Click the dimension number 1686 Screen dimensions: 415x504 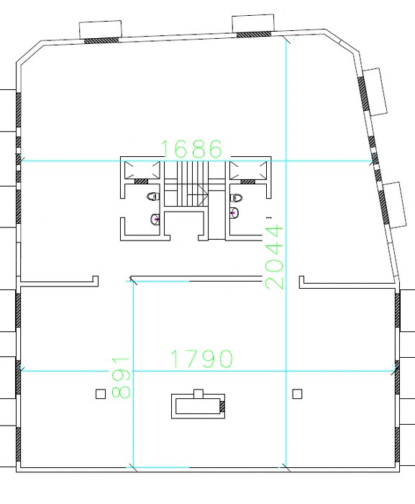coord(191,149)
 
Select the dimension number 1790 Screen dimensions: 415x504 coord(201,359)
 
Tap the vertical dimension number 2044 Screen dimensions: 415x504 coord(275,257)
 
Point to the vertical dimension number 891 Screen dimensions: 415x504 coord(121,378)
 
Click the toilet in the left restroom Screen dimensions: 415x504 coord(153,197)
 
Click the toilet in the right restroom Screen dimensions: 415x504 coord(236,198)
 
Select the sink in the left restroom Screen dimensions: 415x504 coord(155,219)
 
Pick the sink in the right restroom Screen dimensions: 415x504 coord(234,213)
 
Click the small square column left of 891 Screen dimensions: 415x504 coord(101,394)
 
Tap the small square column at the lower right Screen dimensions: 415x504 coord(297,394)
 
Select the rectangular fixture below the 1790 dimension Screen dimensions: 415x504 coord(198,405)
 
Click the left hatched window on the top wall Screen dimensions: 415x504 coord(101,40)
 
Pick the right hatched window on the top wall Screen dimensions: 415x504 coord(254,34)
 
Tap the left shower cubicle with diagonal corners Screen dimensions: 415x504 coord(142,169)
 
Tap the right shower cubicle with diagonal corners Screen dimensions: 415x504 coord(248,169)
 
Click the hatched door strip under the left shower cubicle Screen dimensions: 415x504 coord(141,181)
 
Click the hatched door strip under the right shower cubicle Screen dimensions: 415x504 coord(247,181)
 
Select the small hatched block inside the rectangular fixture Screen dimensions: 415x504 coord(222,406)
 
